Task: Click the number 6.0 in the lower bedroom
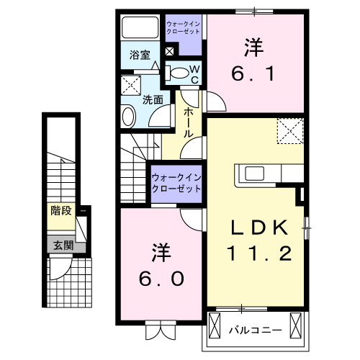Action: pyautogui.click(x=161, y=267)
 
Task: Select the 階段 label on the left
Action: pyautogui.click(x=60, y=211)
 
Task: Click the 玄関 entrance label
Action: pyautogui.click(x=60, y=245)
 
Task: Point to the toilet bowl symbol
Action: pyautogui.click(x=178, y=72)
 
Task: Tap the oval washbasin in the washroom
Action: pyautogui.click(x=127, y=116)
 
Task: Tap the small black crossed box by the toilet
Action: pyautogui.click(x=170, y=52)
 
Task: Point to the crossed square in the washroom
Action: pyautogui.click(x=131, y=84)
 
